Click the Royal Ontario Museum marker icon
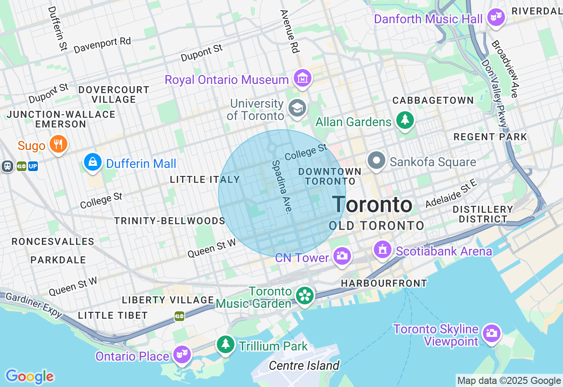tap(303, 79)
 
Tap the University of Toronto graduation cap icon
tap(297, 108)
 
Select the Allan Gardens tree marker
tap(405, 120)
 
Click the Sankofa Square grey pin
tap(377, 161)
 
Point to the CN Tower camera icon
tap(342, 256)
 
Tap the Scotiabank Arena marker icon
tap(382, 250)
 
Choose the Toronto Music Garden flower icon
tap(304, 295)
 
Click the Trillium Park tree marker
tap(226, 344)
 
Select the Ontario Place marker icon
tap(182, 354)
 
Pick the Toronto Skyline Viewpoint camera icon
tap(491, 333)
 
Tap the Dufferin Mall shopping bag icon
tap(93, 162)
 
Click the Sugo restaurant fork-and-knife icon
tap(58, 144)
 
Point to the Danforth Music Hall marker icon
tap(496, 18)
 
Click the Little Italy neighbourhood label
tap(205, 179)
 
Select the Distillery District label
tap(483, 214)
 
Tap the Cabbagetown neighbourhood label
tap(433, 101)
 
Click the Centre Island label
tap(304, 365)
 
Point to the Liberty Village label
tap(168, 300)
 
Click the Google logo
tap(29, 376)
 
